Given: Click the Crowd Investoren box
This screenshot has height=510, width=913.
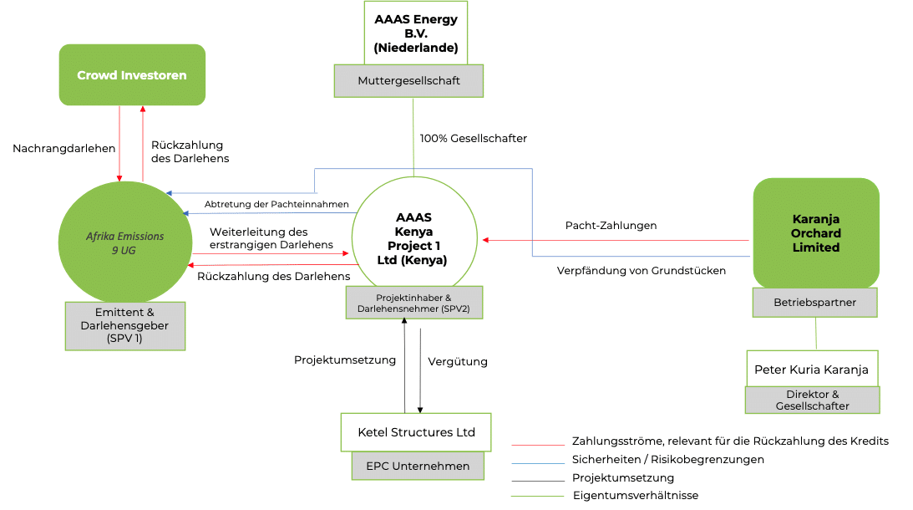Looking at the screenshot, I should pyautogui.click(x=132, y=75).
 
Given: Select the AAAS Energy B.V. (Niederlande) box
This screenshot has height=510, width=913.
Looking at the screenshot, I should pyautogui.click(x=415, y=33).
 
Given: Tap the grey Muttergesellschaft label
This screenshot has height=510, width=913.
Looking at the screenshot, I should pyautogui.click(x=408, y=81).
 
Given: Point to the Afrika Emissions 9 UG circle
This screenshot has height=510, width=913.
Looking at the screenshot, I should pyautogui.click(x=124, y=242).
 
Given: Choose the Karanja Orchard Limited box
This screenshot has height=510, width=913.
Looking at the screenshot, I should pyautogui.click(x=815, y=233).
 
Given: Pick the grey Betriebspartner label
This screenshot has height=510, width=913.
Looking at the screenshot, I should pyautogui.click(x=814, y=303).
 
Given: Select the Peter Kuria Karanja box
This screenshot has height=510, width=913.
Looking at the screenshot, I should pyautogui.click(x=811, y=369).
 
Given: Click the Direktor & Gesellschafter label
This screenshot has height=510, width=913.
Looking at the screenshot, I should pyautogui.click(x=812, y=400).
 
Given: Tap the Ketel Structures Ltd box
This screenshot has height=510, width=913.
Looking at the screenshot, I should pyautogui.click(x=416, y=432).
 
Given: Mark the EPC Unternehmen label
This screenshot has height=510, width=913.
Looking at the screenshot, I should pyautogui.click(x=417, y=466).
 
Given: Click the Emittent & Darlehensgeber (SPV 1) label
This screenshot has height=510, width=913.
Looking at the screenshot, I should pyautogui.click(x=124, y=325).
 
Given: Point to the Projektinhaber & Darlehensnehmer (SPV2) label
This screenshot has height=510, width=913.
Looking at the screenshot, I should pyautogui.click(x=414, y=303).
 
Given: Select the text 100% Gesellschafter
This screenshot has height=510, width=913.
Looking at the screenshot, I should pyautogui.click(x=473, y=138).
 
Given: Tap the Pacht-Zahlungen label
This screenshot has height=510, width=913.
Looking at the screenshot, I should pyautogui.click(x=611, y=226).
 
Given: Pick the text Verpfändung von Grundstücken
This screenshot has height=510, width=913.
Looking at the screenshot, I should pyautogui.click(x=641, y=270).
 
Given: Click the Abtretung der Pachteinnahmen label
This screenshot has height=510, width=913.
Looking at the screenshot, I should pyautogui.click(x=265, y=204).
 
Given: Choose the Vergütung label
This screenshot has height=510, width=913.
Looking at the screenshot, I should pyautogui.click(x=457, y=362).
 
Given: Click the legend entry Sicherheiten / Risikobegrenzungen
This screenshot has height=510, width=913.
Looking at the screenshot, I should pyautogui.click(x=667, y=459).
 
